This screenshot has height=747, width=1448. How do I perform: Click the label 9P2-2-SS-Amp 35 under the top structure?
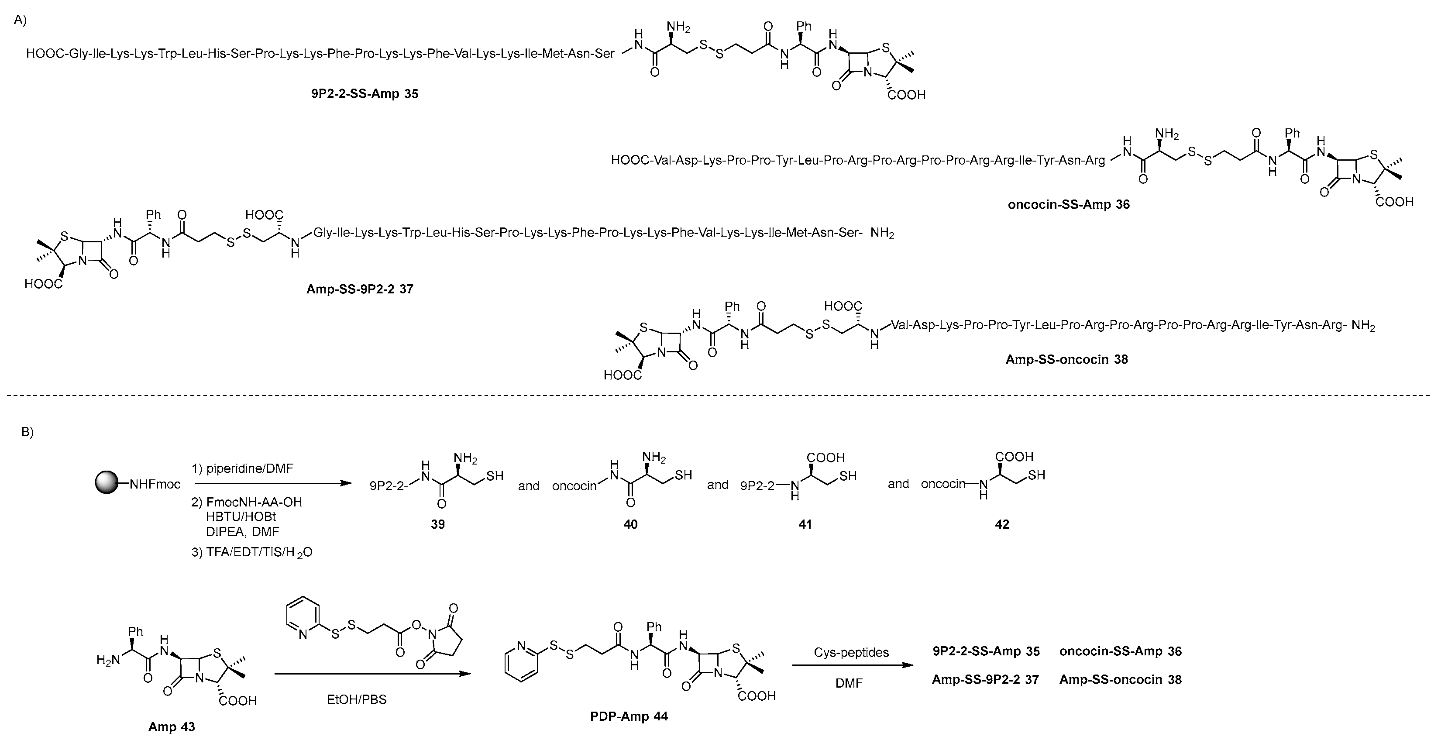point(364,94)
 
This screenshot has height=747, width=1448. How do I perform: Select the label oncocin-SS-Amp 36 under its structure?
point(1069,205)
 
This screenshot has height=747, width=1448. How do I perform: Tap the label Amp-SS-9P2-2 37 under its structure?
point(360,289)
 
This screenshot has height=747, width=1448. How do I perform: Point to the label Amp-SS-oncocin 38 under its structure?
point(1066,360)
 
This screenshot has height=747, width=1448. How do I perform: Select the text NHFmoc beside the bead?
point(155,484)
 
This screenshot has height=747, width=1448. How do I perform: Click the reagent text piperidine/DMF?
point(250,469)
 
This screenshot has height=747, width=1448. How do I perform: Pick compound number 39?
point(438,524)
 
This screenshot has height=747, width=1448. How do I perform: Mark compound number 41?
point(805,524)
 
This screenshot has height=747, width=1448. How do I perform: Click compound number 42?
point(1002,524)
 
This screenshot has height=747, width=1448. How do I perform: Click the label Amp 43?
point(172,727)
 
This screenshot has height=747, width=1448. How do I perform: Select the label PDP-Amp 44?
point(629,716)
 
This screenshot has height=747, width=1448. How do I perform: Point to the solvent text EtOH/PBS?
point(356,700)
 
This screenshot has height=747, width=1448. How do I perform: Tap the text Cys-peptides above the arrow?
point(851,653)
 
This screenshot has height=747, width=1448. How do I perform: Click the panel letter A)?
point(20,20)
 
